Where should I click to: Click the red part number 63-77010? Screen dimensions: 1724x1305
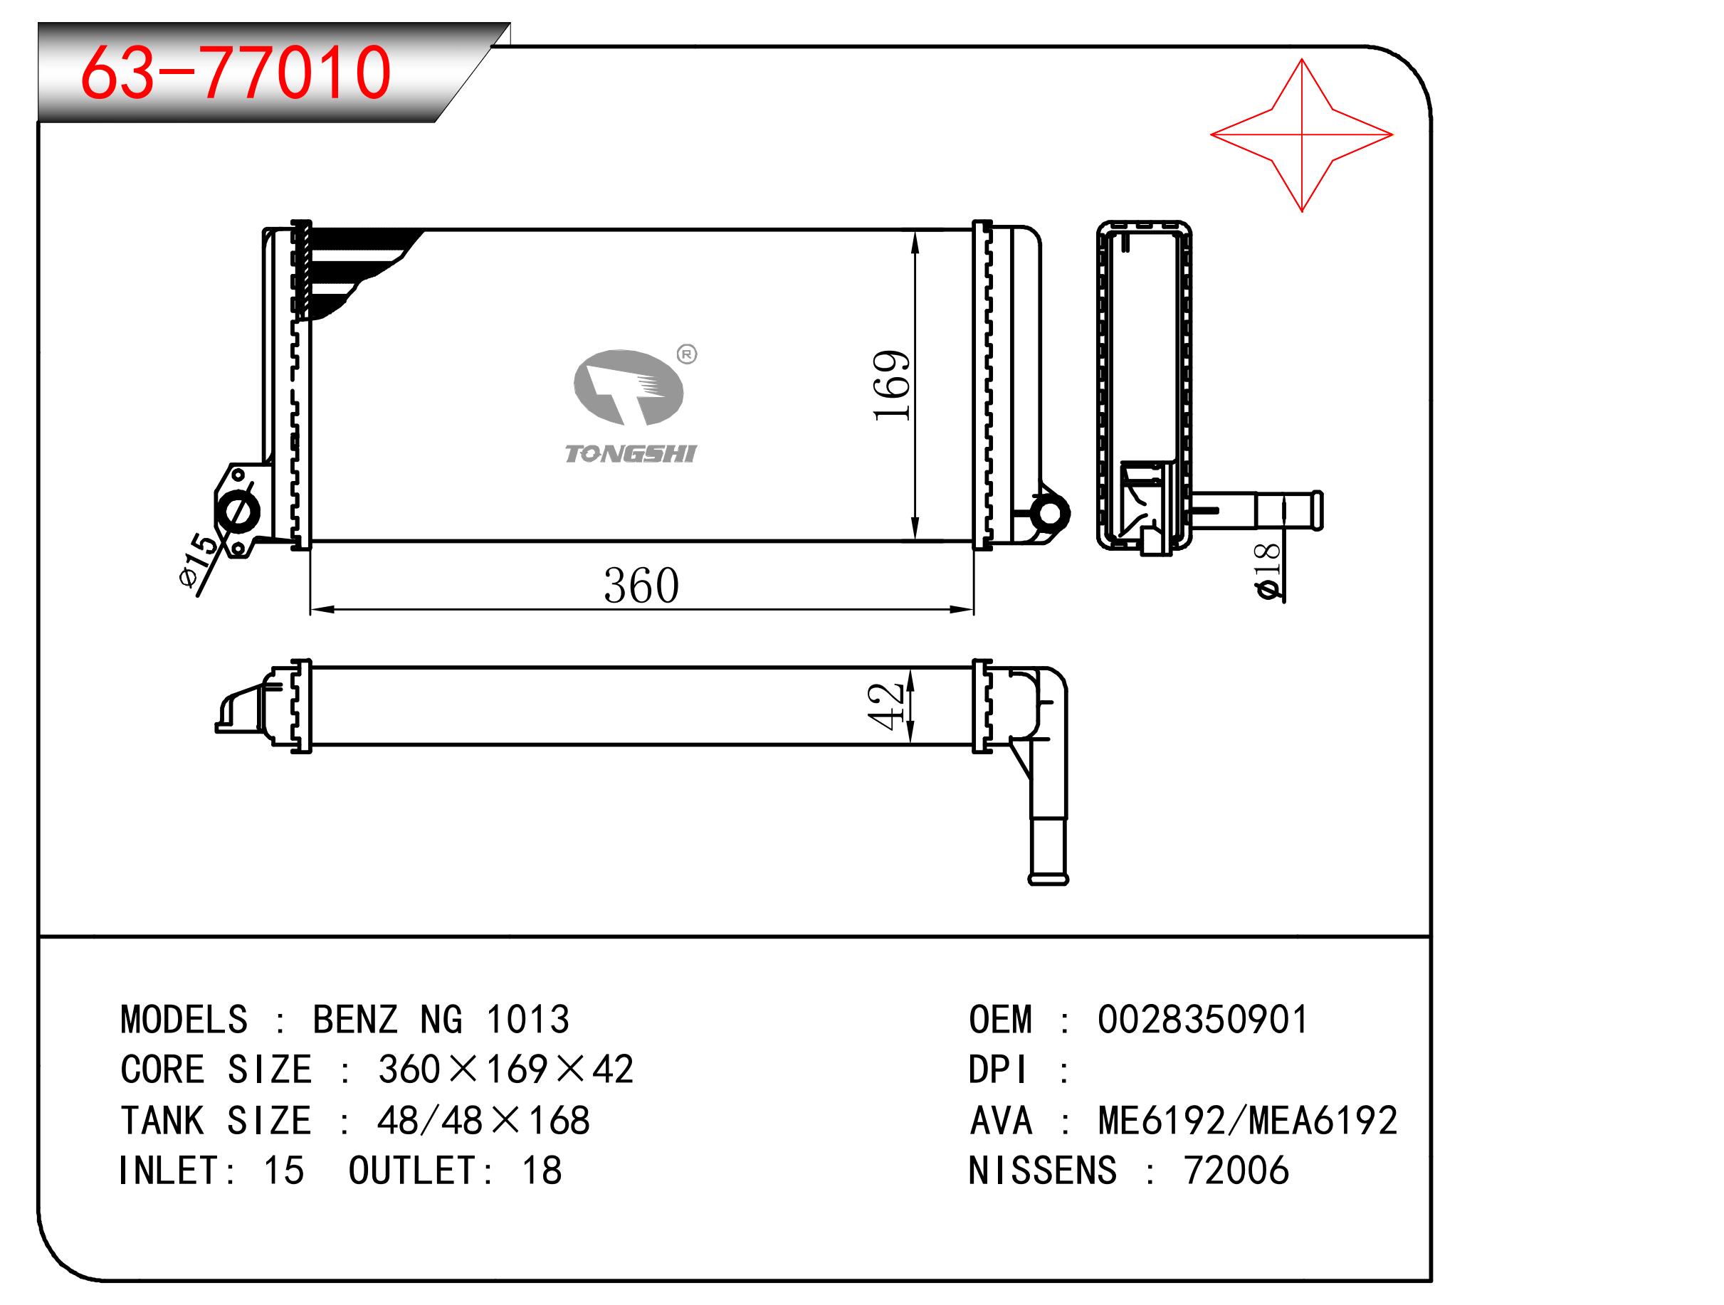tap(236, 73)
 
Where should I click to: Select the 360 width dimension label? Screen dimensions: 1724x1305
tap(641, 586)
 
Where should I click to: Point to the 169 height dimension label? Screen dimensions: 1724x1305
tap(892, 386)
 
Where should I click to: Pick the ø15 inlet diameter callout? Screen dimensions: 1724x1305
tap(199, 559)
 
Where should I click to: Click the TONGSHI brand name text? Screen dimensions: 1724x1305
tap(630, 454)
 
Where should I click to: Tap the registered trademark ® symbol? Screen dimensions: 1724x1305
tap(687, 354)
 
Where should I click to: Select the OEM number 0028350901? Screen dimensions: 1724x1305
tap(1202, 1020)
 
